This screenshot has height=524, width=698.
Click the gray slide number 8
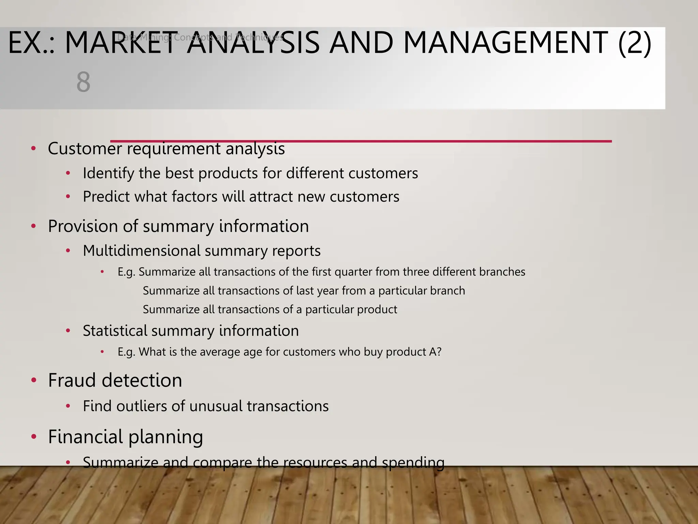(83, 82)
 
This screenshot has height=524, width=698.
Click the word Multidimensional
(142, 251)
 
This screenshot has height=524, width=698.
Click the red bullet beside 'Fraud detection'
(33, 380)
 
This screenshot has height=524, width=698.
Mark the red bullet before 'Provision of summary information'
(33, 226)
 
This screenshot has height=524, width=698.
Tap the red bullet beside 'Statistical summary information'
(68, 331)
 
